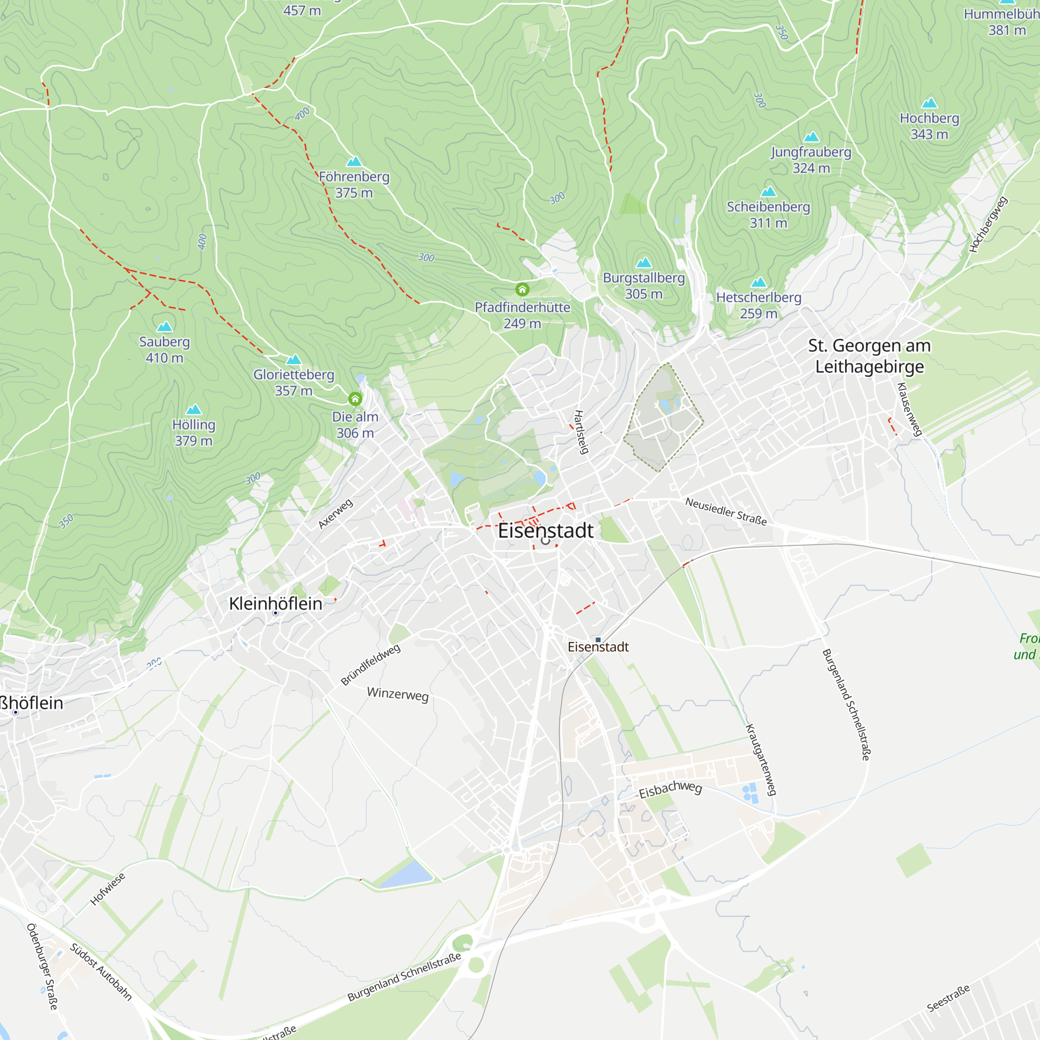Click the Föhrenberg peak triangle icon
coord(354,162)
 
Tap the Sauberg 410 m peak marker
coord(165,327)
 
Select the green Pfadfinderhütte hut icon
coord(522,290)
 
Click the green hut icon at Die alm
coord(355,399)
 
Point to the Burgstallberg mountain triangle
coord(644,263)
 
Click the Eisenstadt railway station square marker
coord(598,640)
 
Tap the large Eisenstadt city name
coord(545,531)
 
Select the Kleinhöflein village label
coord(276,603)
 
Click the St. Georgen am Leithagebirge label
coord(869,356)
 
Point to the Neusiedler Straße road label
coord(725,511)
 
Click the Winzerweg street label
coord(398,694)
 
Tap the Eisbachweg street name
coord(671,789)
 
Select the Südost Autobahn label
coord(101,972)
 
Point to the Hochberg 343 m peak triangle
coord(929,103)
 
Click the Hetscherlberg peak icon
coord(759,282)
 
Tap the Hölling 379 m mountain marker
coord(194,410)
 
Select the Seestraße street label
coord(948,998)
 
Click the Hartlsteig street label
coord(581,432)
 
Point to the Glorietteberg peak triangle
coord(293,360)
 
